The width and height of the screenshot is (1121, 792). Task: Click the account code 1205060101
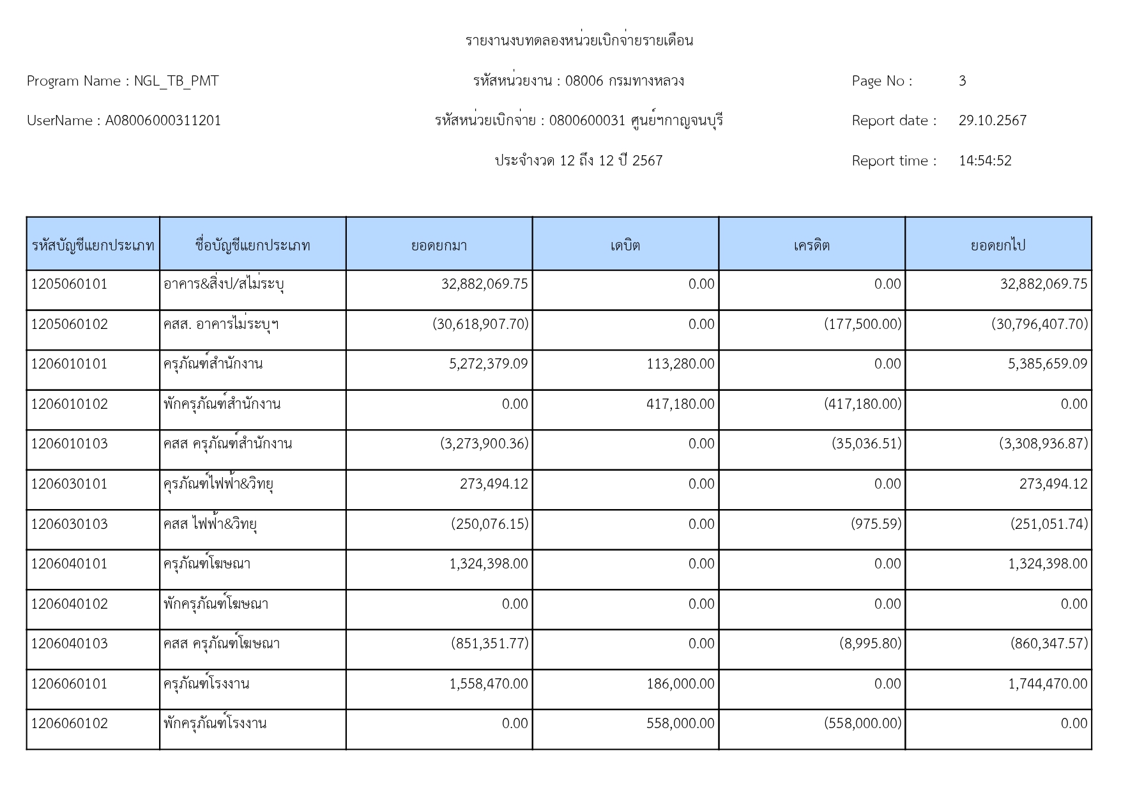69,284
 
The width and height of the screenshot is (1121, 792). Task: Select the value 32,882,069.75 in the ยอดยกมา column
484,284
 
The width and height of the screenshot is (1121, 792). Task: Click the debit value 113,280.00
680,364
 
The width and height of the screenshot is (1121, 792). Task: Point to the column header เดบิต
625,245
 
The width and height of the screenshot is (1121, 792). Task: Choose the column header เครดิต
811,245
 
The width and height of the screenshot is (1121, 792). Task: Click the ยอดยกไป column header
998,245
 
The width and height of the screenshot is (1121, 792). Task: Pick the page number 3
962,81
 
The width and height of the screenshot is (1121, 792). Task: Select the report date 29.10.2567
992,121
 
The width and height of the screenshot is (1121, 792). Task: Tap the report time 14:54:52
985,161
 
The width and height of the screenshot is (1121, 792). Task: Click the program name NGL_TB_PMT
176,81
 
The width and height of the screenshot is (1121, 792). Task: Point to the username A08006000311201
163,121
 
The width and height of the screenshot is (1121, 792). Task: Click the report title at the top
579,41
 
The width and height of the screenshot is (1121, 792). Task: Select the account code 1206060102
69,724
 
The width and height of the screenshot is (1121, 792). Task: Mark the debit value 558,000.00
680,724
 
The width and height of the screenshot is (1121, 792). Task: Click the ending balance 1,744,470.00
1047,684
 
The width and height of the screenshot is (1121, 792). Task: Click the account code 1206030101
69,484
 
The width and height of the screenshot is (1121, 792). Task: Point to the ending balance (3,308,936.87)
1043,444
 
